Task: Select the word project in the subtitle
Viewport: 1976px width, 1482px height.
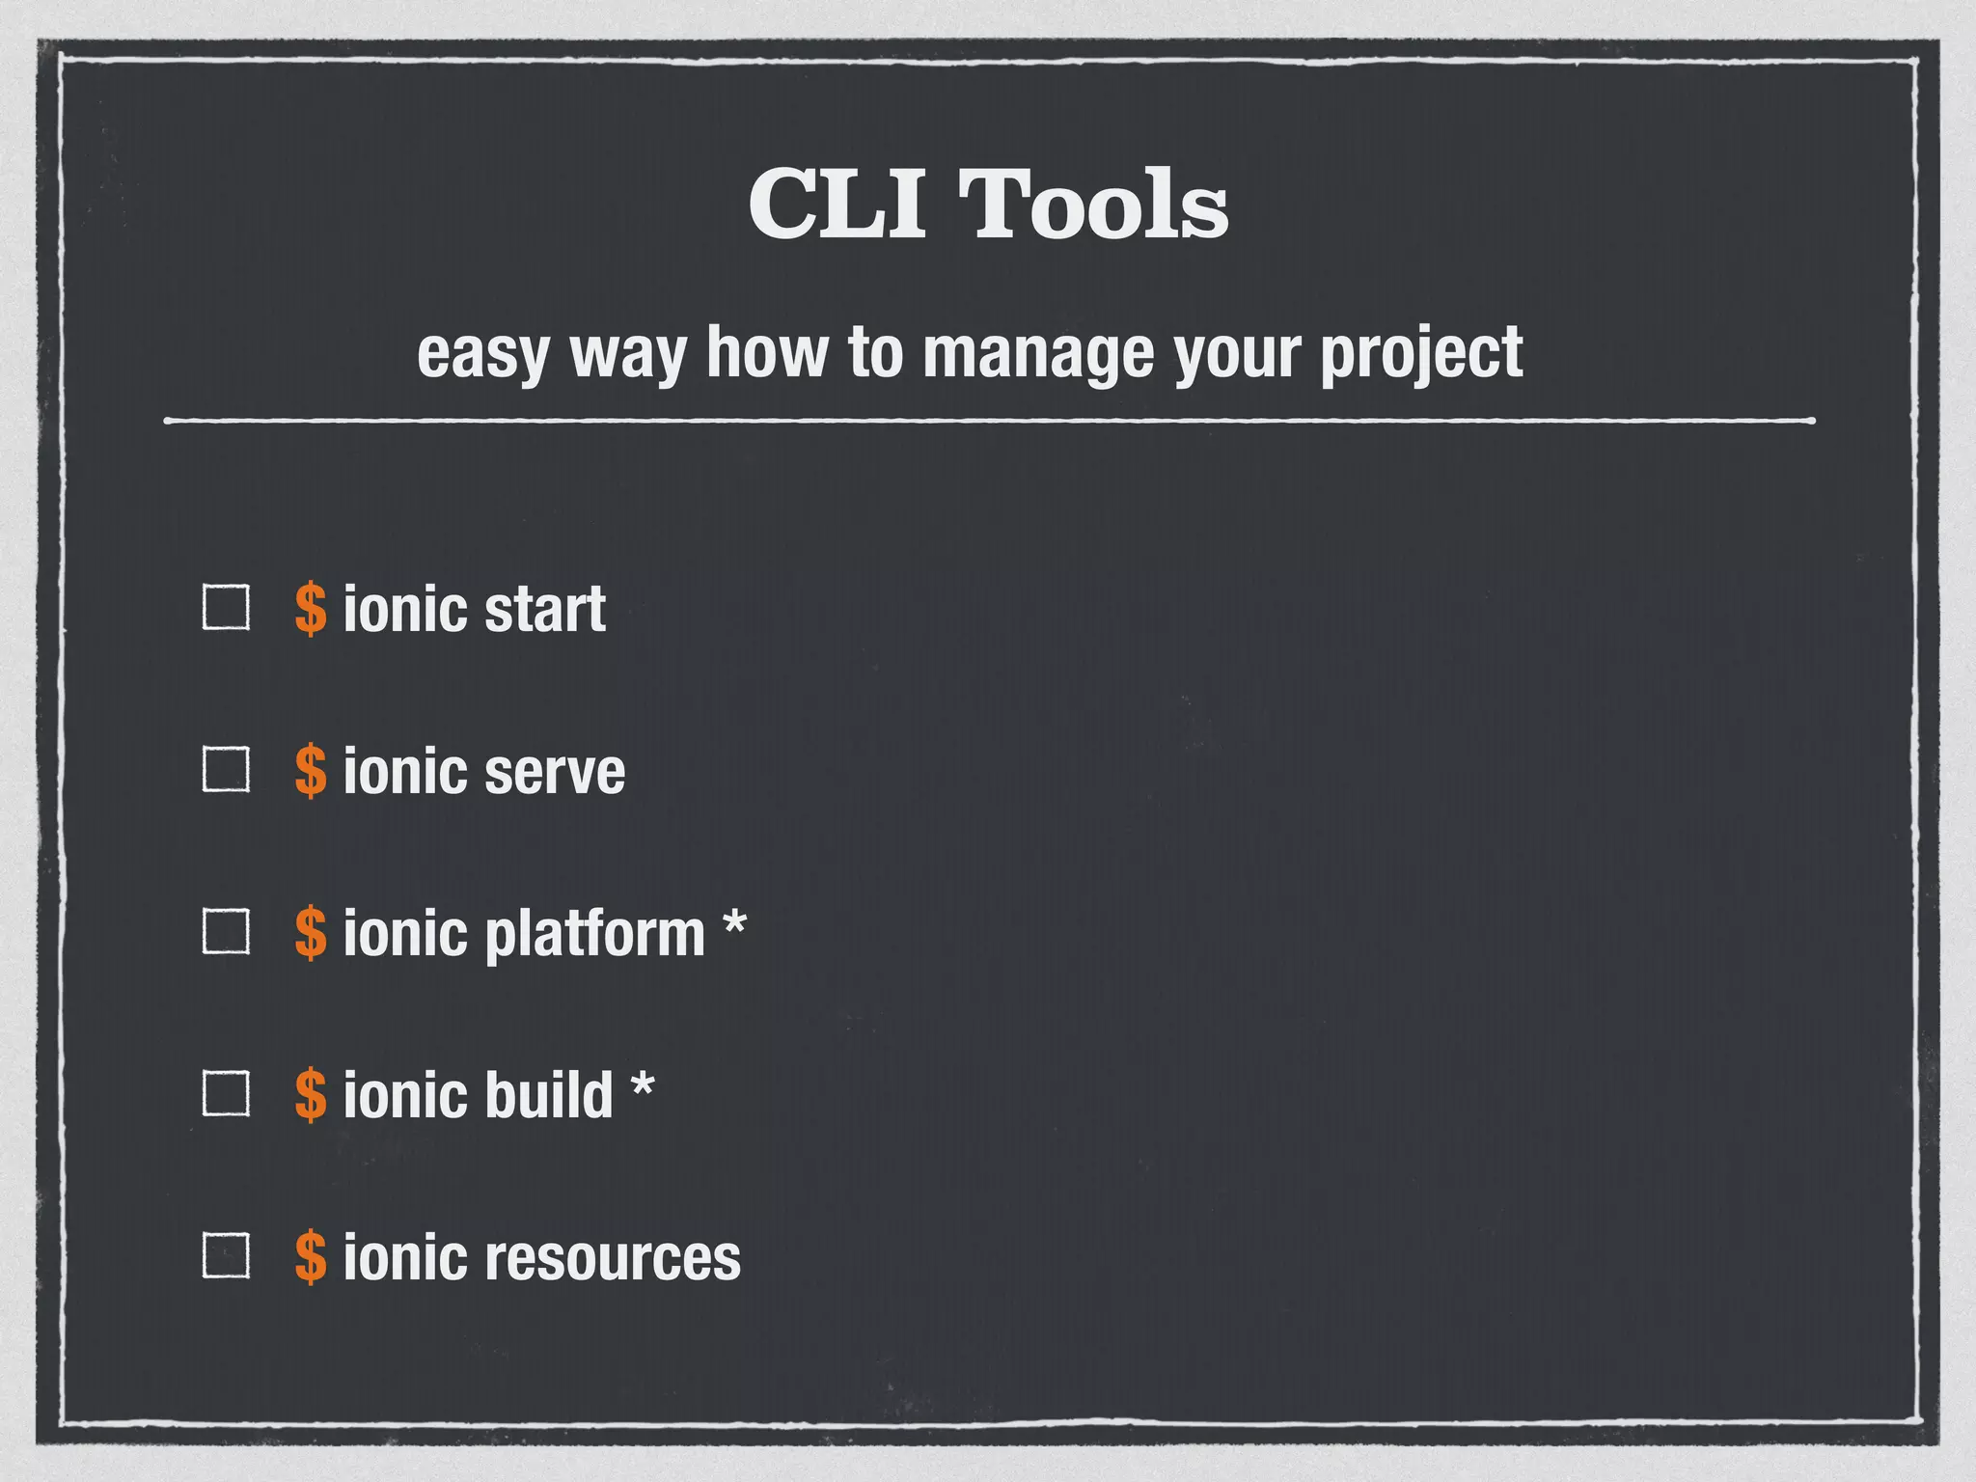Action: (x=1420, y=353)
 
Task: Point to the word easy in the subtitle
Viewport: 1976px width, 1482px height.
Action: (x=483, y=353)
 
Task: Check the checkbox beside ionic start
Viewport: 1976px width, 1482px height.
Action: (x=226, y=608)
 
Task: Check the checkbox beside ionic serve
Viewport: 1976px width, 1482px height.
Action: (x=226, y=770)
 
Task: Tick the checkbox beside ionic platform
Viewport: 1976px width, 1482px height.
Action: (x=226, y=932)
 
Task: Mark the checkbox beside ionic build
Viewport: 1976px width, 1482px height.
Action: (x=226, y=1094)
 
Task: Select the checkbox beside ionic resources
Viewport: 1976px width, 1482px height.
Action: (x=226, y=1256)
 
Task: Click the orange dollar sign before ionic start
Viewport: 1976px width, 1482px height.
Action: (x=311, y=609)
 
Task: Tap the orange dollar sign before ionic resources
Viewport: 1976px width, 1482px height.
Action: (x=311, y=1257)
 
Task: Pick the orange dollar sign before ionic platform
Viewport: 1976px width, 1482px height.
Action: (x=311, y=933)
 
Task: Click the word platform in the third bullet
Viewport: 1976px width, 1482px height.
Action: (x=594, y=934)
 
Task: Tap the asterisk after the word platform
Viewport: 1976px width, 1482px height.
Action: (x=734, y=924)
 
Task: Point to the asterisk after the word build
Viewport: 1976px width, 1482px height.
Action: (x=642, y=1086)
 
